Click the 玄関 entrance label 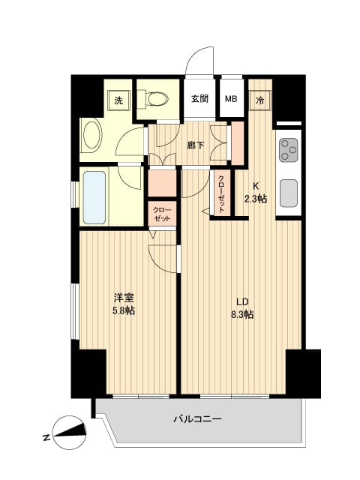(199, 98)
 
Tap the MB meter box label (231, 98)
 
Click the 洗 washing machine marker (118, 100)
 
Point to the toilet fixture (158, 98)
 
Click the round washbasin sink (94, 137)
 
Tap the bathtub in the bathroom (94, 197)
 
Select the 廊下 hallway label (195, 145)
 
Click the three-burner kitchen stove (288, 151)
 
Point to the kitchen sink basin (289, 194)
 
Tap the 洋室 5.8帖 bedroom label (124, 303)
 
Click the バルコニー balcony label (196, 419)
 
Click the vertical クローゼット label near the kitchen (221, 194)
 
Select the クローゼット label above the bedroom (161, 213)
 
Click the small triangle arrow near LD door (205, 213)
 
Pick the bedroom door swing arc (161, 259)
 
